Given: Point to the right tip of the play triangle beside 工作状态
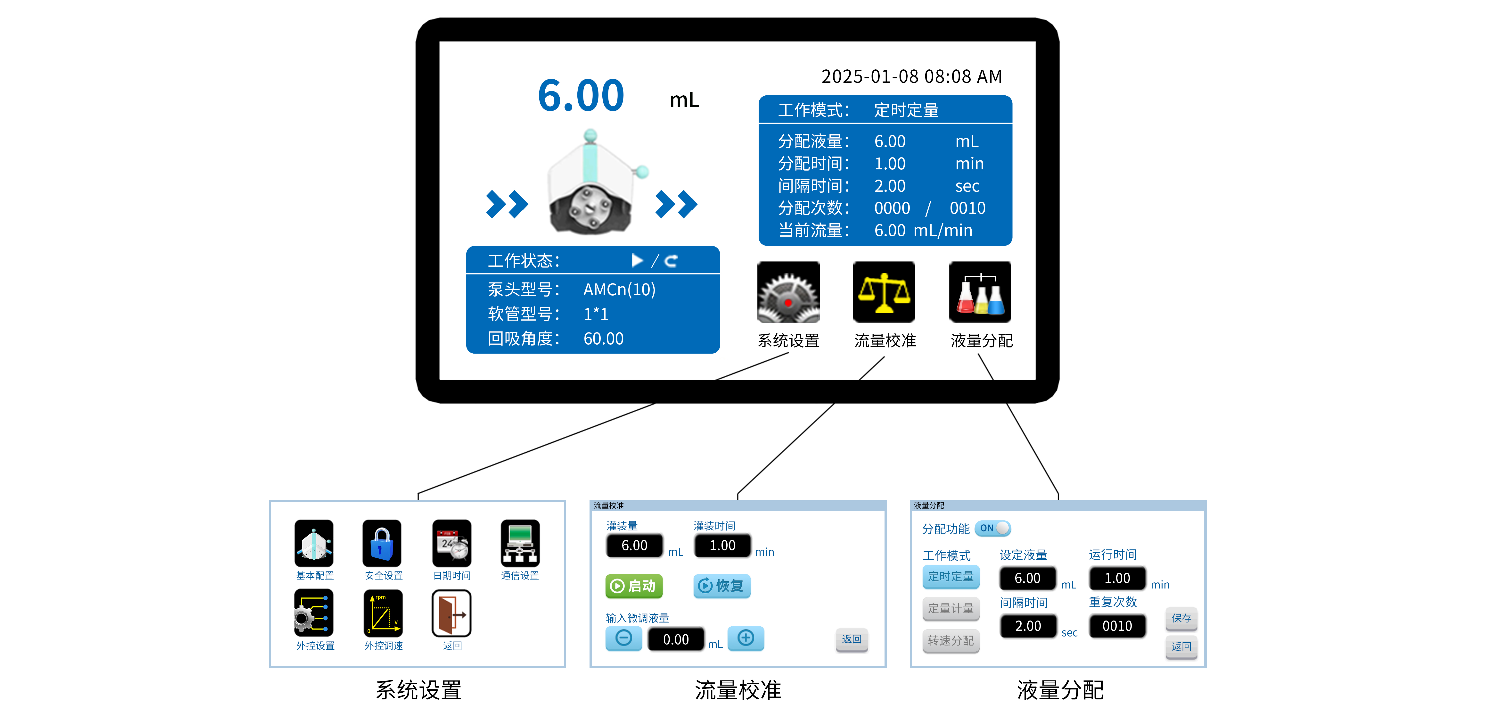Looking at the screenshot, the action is tap(643, 260).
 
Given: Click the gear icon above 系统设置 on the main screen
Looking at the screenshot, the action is tap(788, 292).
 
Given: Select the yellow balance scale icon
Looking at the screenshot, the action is tap(884, 292).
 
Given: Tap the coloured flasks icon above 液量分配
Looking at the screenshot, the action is tap(980, 292).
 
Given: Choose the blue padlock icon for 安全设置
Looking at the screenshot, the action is tap(382, 543).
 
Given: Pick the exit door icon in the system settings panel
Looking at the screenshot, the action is tap(451, 613).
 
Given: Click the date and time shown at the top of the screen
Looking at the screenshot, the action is tap(912, 76).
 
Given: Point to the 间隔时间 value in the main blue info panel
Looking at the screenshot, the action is tap(890, 186).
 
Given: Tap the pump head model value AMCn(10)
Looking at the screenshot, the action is tap(620, 290).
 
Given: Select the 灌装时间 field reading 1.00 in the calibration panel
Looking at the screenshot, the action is tap(722, 546).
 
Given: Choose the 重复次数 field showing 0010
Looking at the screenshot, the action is tap(1117, 626).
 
